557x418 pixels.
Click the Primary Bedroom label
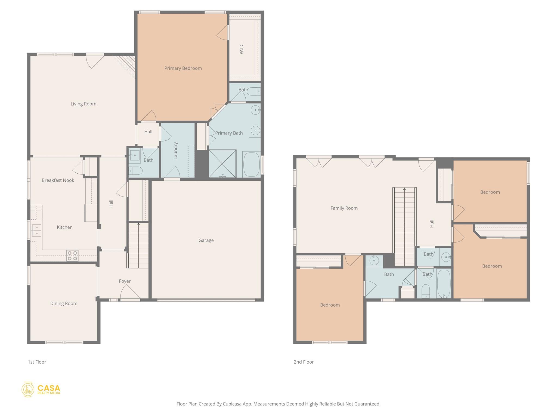(183, 68)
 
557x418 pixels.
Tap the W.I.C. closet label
(242, 48)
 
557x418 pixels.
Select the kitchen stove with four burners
(72, 256)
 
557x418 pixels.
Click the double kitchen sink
(37, 230)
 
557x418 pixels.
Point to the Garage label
(206, 240)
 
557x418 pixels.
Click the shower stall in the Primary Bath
(222, 164)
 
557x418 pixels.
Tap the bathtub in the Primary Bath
(251, 164)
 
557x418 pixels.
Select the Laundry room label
(175, 150)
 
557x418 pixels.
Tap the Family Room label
(344, 208)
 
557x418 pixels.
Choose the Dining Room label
(64, 303)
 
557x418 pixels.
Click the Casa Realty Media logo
(41, 389)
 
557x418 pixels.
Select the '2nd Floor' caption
(304, 362)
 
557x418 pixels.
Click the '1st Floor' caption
(37, 362)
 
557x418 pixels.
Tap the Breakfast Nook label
(58, 180)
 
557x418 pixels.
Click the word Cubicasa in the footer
(233, 404)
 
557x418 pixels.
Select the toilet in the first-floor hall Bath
(135, 171)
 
